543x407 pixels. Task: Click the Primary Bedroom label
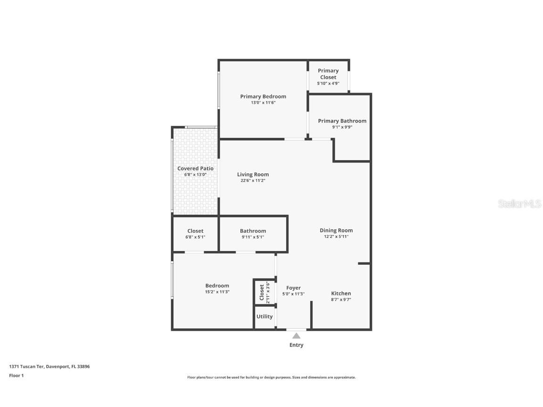pyautogui.click(x=263, y=97)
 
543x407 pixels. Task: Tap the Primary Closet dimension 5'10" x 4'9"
pyautogui.click(x=328, y=83)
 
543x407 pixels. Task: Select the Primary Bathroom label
pyautogui.click(x=342, y=121)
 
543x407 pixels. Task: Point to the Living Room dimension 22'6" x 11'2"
pyautogui.click(x=253, y=180)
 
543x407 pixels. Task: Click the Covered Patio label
pyautogui.click(x=195, y=169)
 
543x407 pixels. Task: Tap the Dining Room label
pyautogui.click(x=336, y=230)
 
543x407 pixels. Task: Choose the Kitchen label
pyautogui.click(x=341, y=293)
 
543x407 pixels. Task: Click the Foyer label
pyautogui.click(x=293, y=288)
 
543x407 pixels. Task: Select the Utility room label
pyautogui.click(x=264, y=317)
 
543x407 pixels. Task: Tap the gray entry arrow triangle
pyautogui.click(x=296, y=336)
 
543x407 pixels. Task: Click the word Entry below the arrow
pyautogui.click(x=296, y=345)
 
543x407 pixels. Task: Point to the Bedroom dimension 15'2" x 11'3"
pyautogui.click(x=217, y=292)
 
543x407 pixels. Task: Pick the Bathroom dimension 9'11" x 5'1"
pyautogui.click(x=253, y=237)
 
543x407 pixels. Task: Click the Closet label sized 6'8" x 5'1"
pyautogui.click(x=195, y=231)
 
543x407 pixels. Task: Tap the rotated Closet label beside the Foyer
pyautogui.click(x=262, y=293)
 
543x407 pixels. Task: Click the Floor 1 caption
pyautogui.click(x=16, y=376)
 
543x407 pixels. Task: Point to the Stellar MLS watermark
pyautogui.click(x=520, y=204)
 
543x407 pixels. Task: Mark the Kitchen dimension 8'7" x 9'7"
pyautogui.click(x=341, y=300)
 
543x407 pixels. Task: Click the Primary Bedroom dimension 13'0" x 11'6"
pyautogui.click(x=263, y=103)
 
